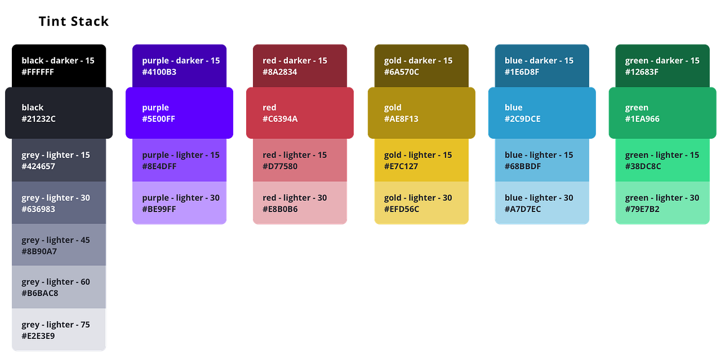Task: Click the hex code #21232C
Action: (39, 119)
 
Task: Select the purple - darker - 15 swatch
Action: (180, 65)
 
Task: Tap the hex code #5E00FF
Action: (159, 119)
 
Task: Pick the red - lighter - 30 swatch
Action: (300, 204)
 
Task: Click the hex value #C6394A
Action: (280, 119)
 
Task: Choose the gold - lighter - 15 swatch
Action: (421, 160)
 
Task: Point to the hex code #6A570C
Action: (402, 72)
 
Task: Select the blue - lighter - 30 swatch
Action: (541, 204)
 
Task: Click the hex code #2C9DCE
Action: (523, 119)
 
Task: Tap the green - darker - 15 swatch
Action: (662, 65)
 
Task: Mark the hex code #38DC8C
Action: (643, 166)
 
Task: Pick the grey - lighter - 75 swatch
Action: (59, 330)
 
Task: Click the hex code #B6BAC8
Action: (40, 293)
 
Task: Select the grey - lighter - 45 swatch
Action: (59, 245)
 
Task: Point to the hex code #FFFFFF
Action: (38, 72)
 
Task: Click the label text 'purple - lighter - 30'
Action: (181, 198)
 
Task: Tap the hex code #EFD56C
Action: (402, 209)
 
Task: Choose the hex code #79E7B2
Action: (642, 209)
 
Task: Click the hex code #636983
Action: (39, 209)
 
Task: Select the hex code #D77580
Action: (280, 166)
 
